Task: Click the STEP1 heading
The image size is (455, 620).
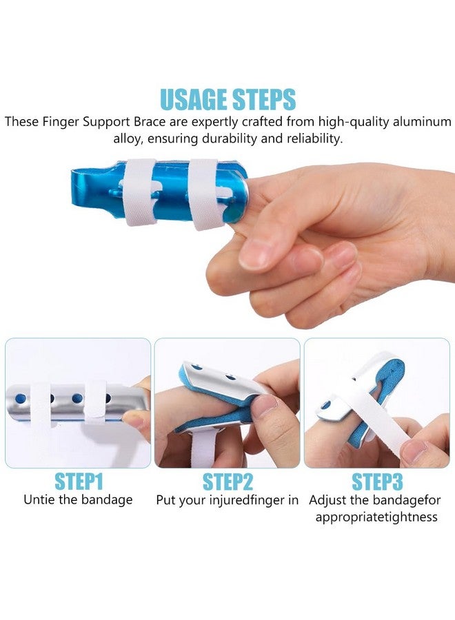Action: click(x=78, y=482)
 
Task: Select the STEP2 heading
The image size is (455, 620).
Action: click(x=227, y=482)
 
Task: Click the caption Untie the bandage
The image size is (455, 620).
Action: click(x=78, y=500)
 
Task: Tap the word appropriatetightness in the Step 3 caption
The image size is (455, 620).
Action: click(x=376, y=517)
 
